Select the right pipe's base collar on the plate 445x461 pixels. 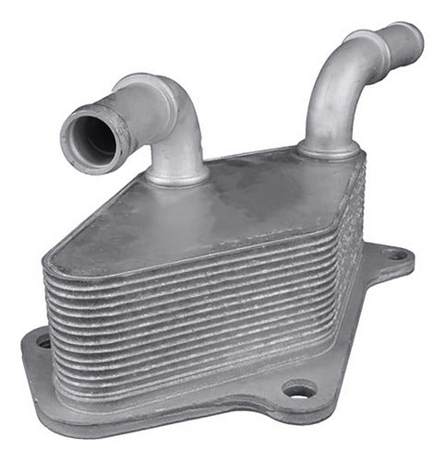(x=325, y=149)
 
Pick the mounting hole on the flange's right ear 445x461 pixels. (x=395, y=254)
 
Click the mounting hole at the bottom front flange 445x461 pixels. (x=297, y=391)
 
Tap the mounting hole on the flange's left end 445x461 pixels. (x=43, y=342)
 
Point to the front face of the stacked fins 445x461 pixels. (x=185, y=304)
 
